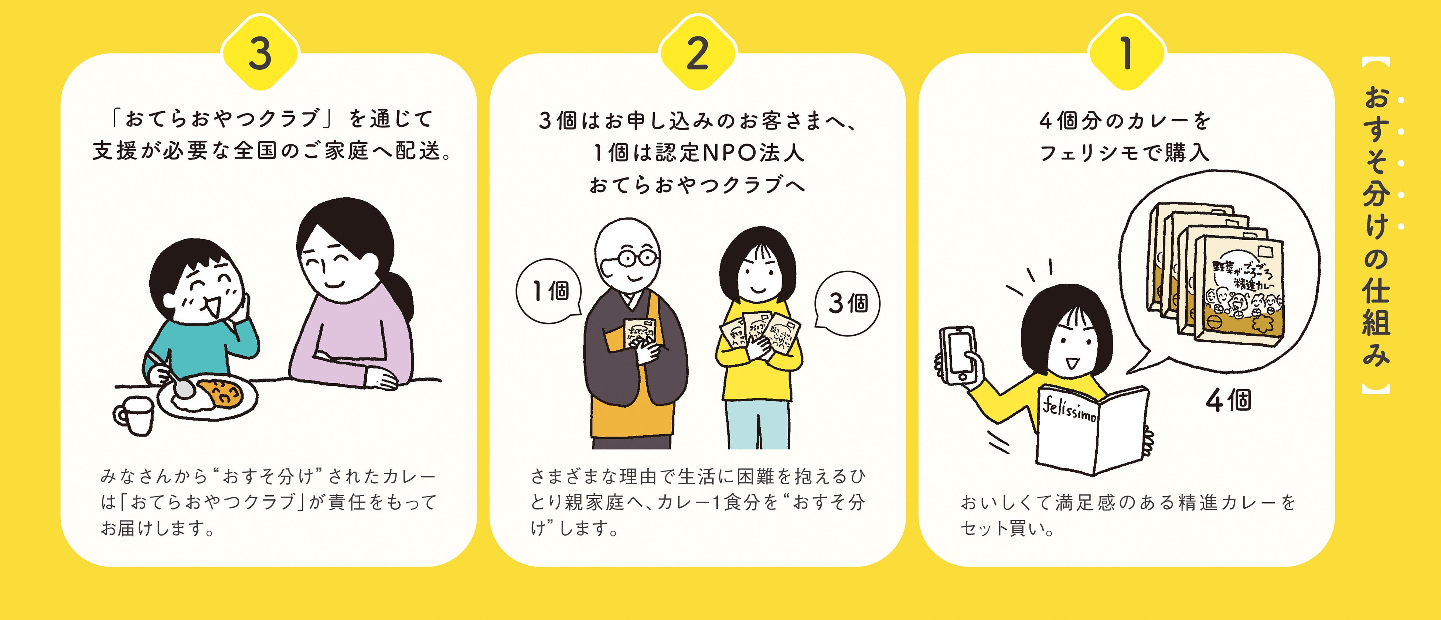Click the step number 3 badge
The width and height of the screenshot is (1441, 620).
click(x=261, y=54)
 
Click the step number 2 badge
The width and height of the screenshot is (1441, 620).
click(x=698, y=54)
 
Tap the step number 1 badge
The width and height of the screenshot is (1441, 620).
click(x=1127, y=54)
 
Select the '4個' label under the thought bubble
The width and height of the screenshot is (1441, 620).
click(x=1228, y=400)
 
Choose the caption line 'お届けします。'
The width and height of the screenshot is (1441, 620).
click(x=158, y=528)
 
